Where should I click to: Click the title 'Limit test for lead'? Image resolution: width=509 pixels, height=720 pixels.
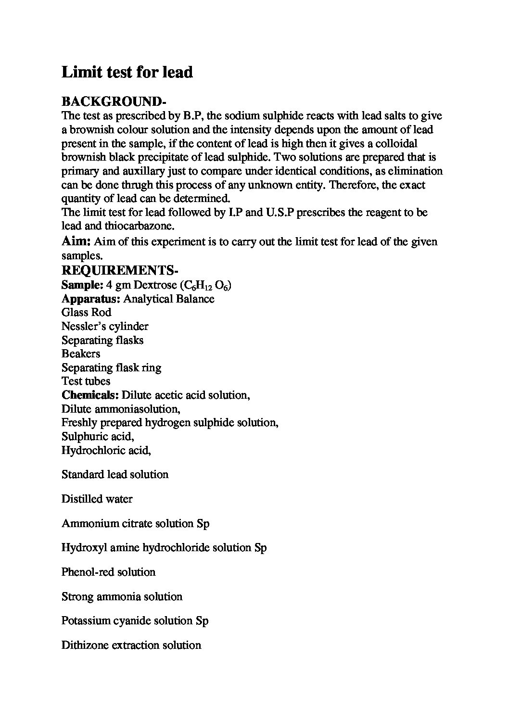(127, 73)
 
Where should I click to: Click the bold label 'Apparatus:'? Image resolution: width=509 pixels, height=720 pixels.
(90, 299)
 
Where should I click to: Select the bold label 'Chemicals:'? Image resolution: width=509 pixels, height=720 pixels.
(90, 395)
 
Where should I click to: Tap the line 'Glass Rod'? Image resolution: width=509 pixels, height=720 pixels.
(86, 312)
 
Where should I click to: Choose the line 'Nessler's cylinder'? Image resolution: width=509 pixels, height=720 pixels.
(105, 326)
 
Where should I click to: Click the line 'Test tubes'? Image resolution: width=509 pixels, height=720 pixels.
(86, 381)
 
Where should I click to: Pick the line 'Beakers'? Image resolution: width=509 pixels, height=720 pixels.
(81, 354)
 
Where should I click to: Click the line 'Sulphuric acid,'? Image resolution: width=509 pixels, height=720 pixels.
(98, 436)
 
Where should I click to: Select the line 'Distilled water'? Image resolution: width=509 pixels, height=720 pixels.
(97, 499)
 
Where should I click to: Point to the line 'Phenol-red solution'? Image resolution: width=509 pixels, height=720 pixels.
(108, 572)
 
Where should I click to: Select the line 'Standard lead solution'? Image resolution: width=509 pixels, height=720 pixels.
(115, 475)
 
